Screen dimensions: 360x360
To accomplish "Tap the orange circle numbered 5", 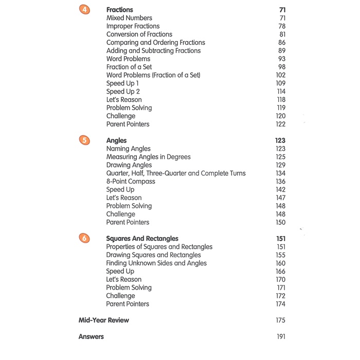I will pos(84,140).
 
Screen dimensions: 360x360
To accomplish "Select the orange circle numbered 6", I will pos(84,239).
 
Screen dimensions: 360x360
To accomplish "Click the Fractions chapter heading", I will pos(119,10).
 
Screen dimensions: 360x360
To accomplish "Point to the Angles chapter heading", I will pos(116,140).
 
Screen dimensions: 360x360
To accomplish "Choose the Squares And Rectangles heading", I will pos(142,239).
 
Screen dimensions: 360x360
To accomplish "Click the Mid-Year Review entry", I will pos(103,320).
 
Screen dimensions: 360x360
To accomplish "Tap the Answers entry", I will pos(91,337).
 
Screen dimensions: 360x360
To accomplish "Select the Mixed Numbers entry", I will pos(129,18).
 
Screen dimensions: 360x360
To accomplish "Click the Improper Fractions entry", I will pos(133,26).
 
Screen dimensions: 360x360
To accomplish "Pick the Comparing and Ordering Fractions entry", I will pos(155,43).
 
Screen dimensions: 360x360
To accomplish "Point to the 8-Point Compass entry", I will pos(131,182).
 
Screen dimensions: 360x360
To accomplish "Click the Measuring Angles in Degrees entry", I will pos(148,157).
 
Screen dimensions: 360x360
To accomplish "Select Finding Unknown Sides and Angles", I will pos(156,263).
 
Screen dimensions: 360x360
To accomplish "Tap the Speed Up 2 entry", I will pos(122,92).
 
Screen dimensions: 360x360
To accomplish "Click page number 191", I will pos(280,337).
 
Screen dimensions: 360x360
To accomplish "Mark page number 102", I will pos(280,75).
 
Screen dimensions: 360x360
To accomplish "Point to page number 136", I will pos(280,182).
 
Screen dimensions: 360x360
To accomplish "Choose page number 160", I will pos(280,263).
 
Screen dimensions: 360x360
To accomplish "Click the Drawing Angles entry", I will pos(129,165).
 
